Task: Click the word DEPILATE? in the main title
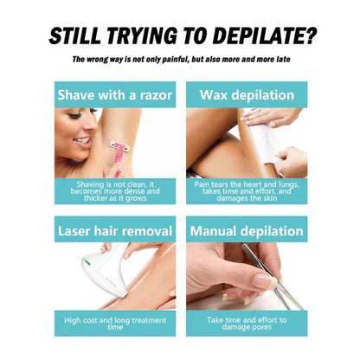point(266,36)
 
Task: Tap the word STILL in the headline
point(74,36)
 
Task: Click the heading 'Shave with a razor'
point(115,95)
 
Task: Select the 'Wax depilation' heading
point(247,95)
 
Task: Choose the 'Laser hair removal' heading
point(115,231)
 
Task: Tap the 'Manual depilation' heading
point(247,231)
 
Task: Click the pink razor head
point(119,146)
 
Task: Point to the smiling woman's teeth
point(83,141)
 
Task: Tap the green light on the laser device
point(86,261)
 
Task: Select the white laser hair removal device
point(106,270)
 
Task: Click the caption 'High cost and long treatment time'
point(115,324)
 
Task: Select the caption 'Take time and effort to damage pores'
point(247,324)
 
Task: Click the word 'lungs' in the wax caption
point(289,184)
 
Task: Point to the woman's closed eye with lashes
point(75,115)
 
